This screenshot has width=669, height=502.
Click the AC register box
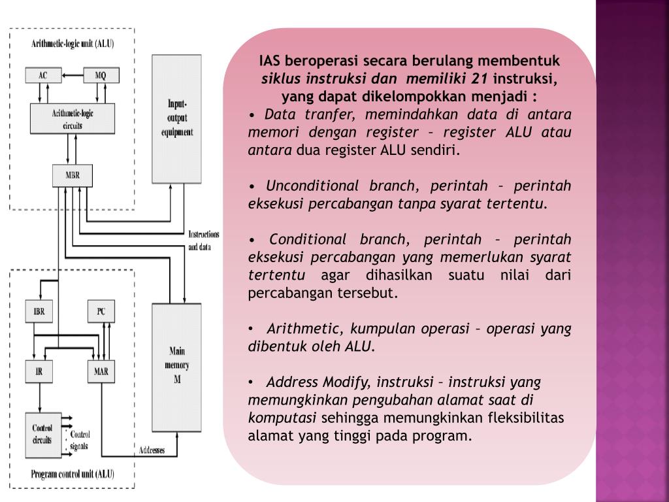pos(42,75)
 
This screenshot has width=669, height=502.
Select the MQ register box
pos(100,75)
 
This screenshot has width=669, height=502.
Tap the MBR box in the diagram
pos(72,175)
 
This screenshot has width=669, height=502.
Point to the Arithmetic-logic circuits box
pos(72,119)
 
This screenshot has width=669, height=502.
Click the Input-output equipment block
pos(177,118)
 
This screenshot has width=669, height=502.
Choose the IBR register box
pos(39,311)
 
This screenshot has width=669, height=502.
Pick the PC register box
pos(101,311)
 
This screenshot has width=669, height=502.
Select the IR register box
pos(39,371)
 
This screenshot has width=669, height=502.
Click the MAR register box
pos(101,371)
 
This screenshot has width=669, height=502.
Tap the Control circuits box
pos(42,433)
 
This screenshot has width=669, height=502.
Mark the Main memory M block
pos(176,365)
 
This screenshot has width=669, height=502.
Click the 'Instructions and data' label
pos(203,241)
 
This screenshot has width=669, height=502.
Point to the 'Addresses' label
pos(152,450)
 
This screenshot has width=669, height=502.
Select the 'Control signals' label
pos(80,440)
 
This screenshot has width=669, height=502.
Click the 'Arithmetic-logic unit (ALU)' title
pos(72,44)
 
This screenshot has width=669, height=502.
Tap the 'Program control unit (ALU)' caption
pos(72,474)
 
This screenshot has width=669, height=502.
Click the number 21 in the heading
pos(480,79)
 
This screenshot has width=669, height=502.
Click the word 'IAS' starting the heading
pos(270,61)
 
